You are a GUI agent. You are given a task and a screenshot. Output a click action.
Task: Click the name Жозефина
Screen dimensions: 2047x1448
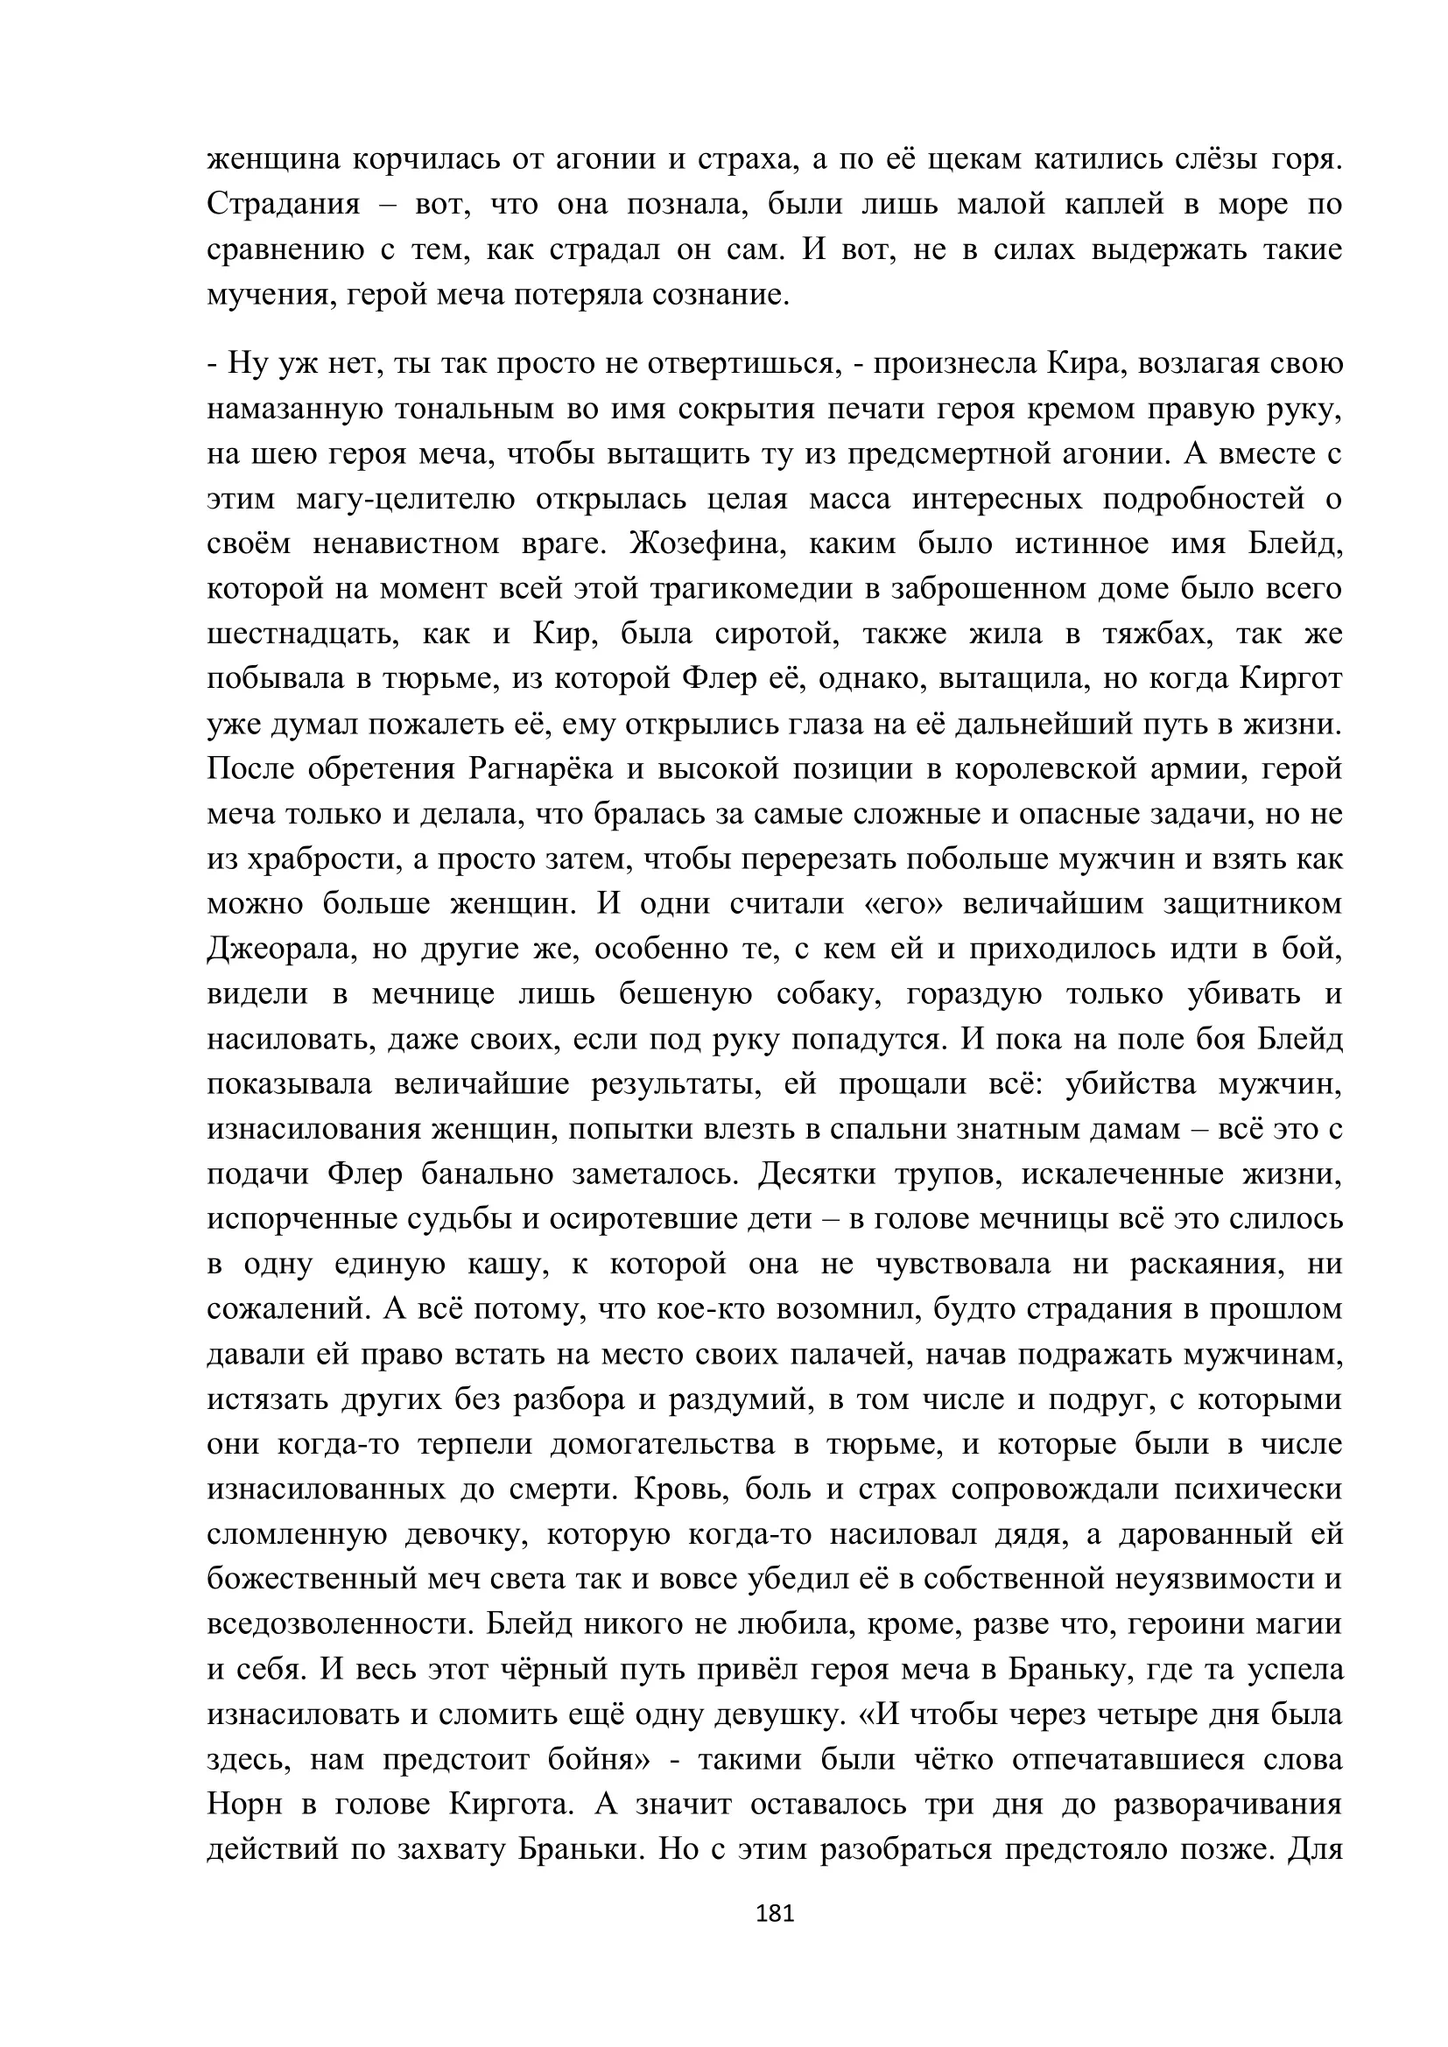tap(707, 543)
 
